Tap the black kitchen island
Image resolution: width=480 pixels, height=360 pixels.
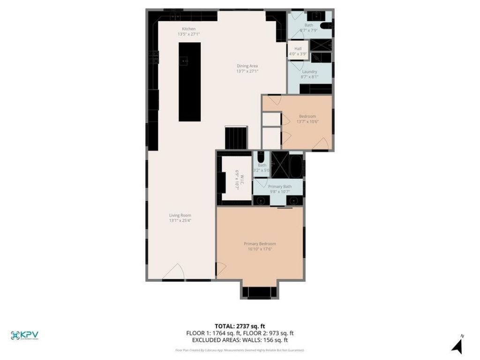(x=189, y=82)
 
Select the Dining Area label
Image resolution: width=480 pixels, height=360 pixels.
(x=247, y=66)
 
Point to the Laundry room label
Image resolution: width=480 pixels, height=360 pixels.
(x=309, y=72)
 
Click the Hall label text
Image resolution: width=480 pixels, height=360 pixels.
(x=298, y=49)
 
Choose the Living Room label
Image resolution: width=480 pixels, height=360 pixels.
(x=180, y=216)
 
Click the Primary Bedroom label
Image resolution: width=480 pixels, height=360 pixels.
(x=260, y=244)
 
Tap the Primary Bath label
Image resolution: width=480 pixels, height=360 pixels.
(x=279, y=187)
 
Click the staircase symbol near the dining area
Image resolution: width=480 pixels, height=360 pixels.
(x=236, y=138)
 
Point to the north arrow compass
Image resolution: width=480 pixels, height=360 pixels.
(x=457, y=345)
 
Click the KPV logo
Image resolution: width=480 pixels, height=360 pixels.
(x=24, y=335)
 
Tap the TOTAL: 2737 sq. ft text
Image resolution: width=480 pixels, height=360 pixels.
(x=240, y=326)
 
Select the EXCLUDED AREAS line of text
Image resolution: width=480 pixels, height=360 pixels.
(x=240, y=340)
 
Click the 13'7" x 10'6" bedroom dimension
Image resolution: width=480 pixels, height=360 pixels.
(x=307, y=122)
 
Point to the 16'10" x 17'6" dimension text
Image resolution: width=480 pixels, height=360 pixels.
(x=260, y=249)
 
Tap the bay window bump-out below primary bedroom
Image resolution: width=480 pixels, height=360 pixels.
(x=260, y=291)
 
